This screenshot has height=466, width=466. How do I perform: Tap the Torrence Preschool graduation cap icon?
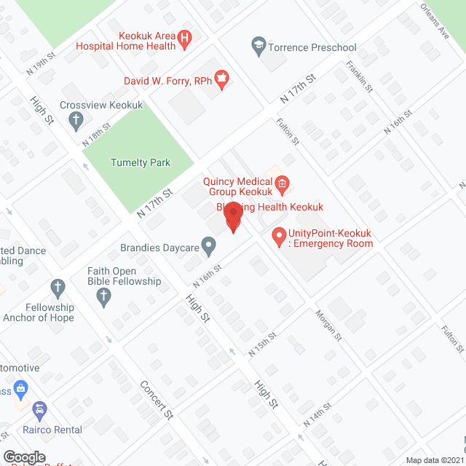tap(258, 45)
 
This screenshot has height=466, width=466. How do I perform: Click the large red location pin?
tap(233, 216)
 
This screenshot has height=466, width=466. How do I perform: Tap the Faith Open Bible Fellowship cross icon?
tap(103, 296)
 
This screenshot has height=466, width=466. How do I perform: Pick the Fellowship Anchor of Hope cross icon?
tap(58, 287)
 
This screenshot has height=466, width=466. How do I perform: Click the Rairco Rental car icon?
tap(39, 411)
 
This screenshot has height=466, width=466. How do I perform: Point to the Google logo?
tap(24, 457)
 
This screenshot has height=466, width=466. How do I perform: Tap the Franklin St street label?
tap(360, 76)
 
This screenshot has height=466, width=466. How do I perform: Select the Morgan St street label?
tap(328, 325)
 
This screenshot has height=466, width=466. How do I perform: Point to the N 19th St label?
tap(41, 65)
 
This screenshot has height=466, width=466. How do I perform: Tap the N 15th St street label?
tap(263, 344)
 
